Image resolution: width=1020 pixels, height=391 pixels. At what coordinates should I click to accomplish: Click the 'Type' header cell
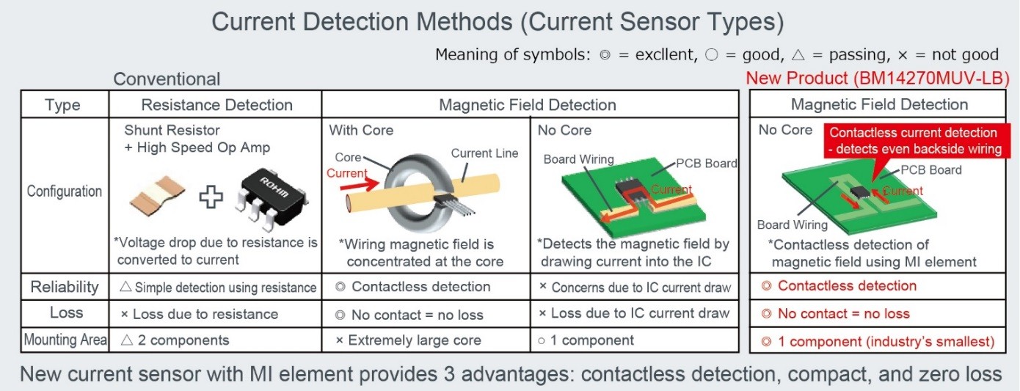click(62, 105)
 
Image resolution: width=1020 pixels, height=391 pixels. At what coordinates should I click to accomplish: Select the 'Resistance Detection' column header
click(216, 105)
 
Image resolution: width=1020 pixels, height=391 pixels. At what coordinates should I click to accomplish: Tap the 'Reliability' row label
click(64, 286)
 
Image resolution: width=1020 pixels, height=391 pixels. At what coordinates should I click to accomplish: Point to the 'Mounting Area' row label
click(65, 340)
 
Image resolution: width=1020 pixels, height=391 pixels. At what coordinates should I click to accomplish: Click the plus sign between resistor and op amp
click(211, 197)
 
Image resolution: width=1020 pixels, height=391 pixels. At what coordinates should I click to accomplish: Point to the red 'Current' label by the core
click(346, 173)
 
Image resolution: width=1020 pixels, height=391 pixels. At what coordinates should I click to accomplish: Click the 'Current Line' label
click(484, 153)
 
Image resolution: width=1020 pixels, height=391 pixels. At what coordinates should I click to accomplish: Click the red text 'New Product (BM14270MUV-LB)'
click(878, 78)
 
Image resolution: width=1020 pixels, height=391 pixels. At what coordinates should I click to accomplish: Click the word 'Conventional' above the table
click(167, 79)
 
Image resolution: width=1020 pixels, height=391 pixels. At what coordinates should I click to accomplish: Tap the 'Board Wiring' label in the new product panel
click(793, 225)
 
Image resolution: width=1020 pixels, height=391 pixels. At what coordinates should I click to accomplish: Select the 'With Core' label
click(361, 131)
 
